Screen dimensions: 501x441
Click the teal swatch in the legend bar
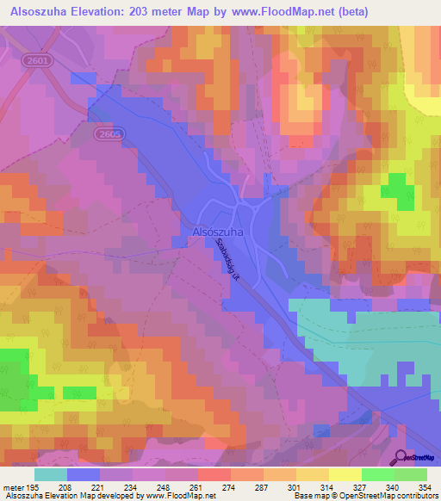(51, 474)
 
